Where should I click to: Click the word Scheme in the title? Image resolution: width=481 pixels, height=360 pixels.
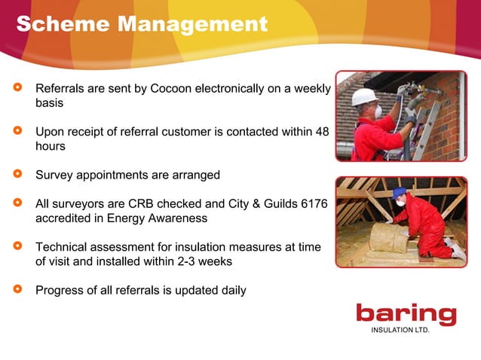58,24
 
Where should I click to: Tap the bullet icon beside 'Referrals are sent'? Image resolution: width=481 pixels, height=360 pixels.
18,89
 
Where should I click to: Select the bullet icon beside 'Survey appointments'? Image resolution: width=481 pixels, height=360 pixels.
18,175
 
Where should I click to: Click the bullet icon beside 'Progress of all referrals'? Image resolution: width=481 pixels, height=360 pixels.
18,290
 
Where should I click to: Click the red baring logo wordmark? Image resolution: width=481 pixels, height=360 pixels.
406,314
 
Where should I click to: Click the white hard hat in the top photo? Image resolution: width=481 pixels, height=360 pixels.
363,96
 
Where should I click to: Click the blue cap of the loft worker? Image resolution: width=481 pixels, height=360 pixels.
399,193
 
